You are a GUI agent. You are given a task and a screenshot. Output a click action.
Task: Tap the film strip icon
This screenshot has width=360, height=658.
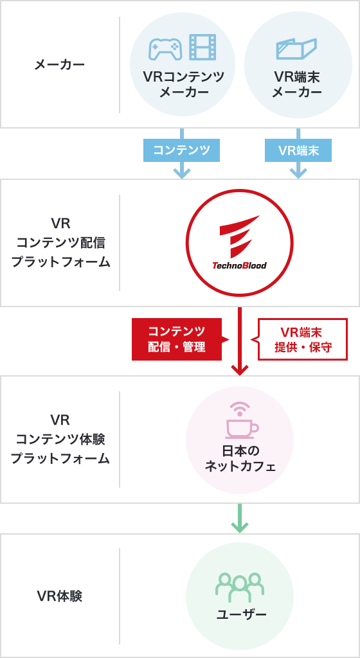tap(203, 48)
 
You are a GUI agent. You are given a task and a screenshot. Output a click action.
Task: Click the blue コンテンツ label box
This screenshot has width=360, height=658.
tap(182, 150)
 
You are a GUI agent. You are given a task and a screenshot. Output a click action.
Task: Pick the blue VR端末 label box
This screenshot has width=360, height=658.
tap(298, 150)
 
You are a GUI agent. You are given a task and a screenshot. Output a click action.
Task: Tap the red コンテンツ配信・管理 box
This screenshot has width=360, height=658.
tap(176, 339)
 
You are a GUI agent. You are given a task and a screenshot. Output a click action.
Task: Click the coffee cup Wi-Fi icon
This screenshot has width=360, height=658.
tap(240, 419)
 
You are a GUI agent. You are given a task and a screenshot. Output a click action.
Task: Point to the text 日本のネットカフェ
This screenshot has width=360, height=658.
tap(240, 458)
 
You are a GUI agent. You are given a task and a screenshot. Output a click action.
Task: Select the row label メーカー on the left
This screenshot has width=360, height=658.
tap(59, 64)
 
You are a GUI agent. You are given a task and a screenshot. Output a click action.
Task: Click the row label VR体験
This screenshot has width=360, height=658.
tap(60, 596)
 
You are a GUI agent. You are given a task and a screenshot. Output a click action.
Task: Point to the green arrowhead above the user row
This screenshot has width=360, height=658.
tap(239, 526)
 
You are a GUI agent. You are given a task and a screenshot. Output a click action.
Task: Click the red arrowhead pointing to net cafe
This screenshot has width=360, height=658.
tap(239, 369)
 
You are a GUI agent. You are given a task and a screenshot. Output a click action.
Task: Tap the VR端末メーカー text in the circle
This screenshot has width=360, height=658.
tap(297, 85)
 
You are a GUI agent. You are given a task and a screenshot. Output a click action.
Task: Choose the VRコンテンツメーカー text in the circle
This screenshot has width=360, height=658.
tap(184, 85)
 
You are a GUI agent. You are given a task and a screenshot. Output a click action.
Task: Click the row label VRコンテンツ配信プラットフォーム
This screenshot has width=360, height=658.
tap(60, 243)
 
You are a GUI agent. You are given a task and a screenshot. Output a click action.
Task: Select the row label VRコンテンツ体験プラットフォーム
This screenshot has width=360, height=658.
tap(60, 440)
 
